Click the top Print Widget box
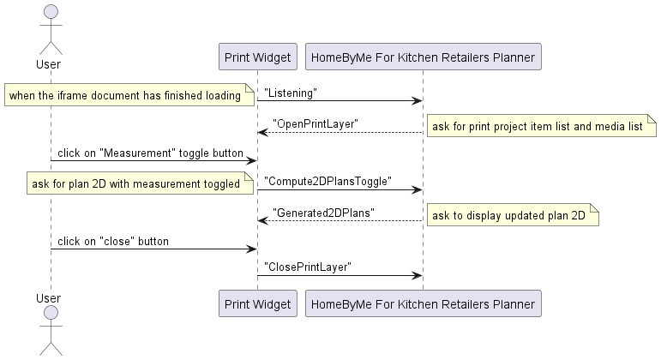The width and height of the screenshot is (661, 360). coord(257,57)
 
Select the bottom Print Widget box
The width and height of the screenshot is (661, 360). coord(257,303)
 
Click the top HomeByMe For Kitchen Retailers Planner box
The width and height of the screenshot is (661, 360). coord(423,57)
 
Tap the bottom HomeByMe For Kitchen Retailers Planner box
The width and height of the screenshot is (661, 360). coord(423,303)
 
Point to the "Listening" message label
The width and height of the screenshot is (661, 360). coord(291,92)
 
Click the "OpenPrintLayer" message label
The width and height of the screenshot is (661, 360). coord(315,123)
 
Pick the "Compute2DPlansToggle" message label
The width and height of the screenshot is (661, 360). coord(327,181)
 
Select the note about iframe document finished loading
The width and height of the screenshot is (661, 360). coord(126,95)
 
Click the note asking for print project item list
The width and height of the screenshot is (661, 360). coord(538,127)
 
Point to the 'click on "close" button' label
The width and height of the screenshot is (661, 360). coord(113,241)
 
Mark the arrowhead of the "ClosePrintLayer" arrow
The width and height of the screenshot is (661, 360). coord(418,276)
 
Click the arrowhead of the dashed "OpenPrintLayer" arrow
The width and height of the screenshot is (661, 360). coord(262,132)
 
